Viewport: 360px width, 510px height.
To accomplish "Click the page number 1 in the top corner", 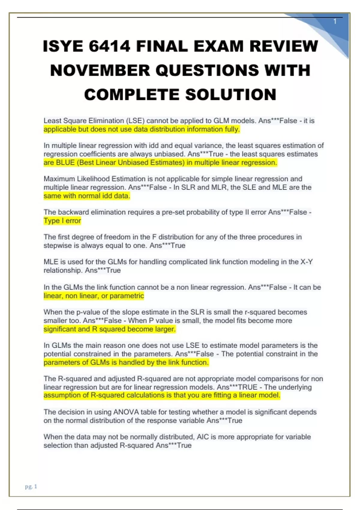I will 335,22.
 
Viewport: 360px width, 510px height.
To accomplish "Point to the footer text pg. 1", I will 31,486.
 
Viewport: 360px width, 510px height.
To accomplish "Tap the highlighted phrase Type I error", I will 62,221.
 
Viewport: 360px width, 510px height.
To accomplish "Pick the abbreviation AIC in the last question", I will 202,437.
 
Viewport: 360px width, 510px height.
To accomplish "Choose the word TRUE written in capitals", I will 247,387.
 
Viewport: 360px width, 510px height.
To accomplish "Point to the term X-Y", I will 307,262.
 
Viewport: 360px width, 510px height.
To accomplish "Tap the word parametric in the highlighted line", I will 127,296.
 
